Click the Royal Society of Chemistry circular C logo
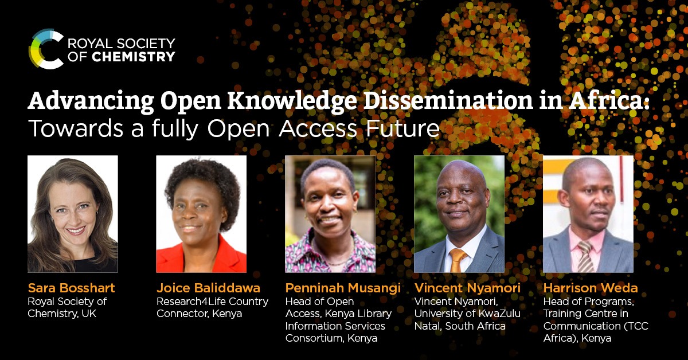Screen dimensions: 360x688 click(x=46, y=49)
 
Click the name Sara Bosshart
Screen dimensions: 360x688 click(x=71, y=288)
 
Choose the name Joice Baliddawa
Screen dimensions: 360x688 click(x=208, y=288)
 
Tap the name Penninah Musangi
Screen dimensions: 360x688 click(x=343, y=288)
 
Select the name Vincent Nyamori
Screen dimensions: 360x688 click(x=467, y=288)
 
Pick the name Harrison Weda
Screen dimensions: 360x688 click(x=591, y=288)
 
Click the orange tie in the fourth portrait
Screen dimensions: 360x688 click(x=458, y=260)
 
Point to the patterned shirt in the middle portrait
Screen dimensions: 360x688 click(x=330, y=258)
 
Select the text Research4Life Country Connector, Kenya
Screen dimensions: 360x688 click(x=212, y=307)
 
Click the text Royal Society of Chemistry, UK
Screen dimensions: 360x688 click(x=68, y=307)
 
